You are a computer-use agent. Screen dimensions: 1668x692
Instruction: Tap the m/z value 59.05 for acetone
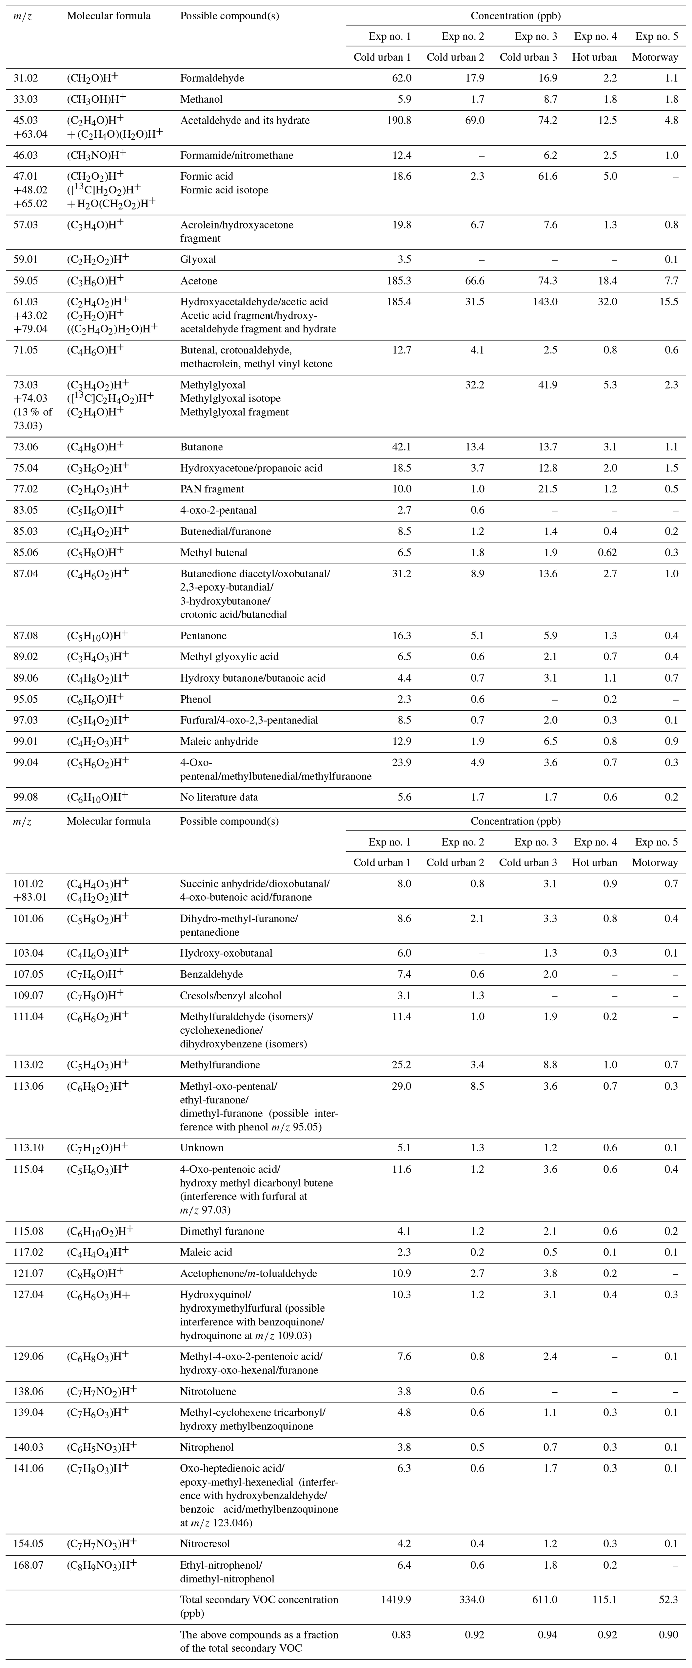(26, 281)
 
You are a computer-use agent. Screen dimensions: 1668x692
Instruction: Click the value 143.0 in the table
(542, 302)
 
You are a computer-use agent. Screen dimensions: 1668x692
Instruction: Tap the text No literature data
(219, 797)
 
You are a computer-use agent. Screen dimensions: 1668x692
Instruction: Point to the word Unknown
(202, 1148)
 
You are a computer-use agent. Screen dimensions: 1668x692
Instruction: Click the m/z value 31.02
(26, 78)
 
